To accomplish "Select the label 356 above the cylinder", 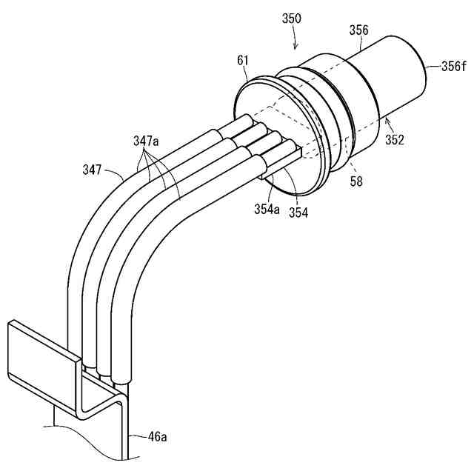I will pos(359,30).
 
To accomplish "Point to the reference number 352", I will pos(394,138).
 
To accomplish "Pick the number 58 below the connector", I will pos(356,181).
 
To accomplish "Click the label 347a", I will pos(147,139).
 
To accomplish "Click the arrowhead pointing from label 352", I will pos(383,118).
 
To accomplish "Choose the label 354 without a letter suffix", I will pos(298,212).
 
